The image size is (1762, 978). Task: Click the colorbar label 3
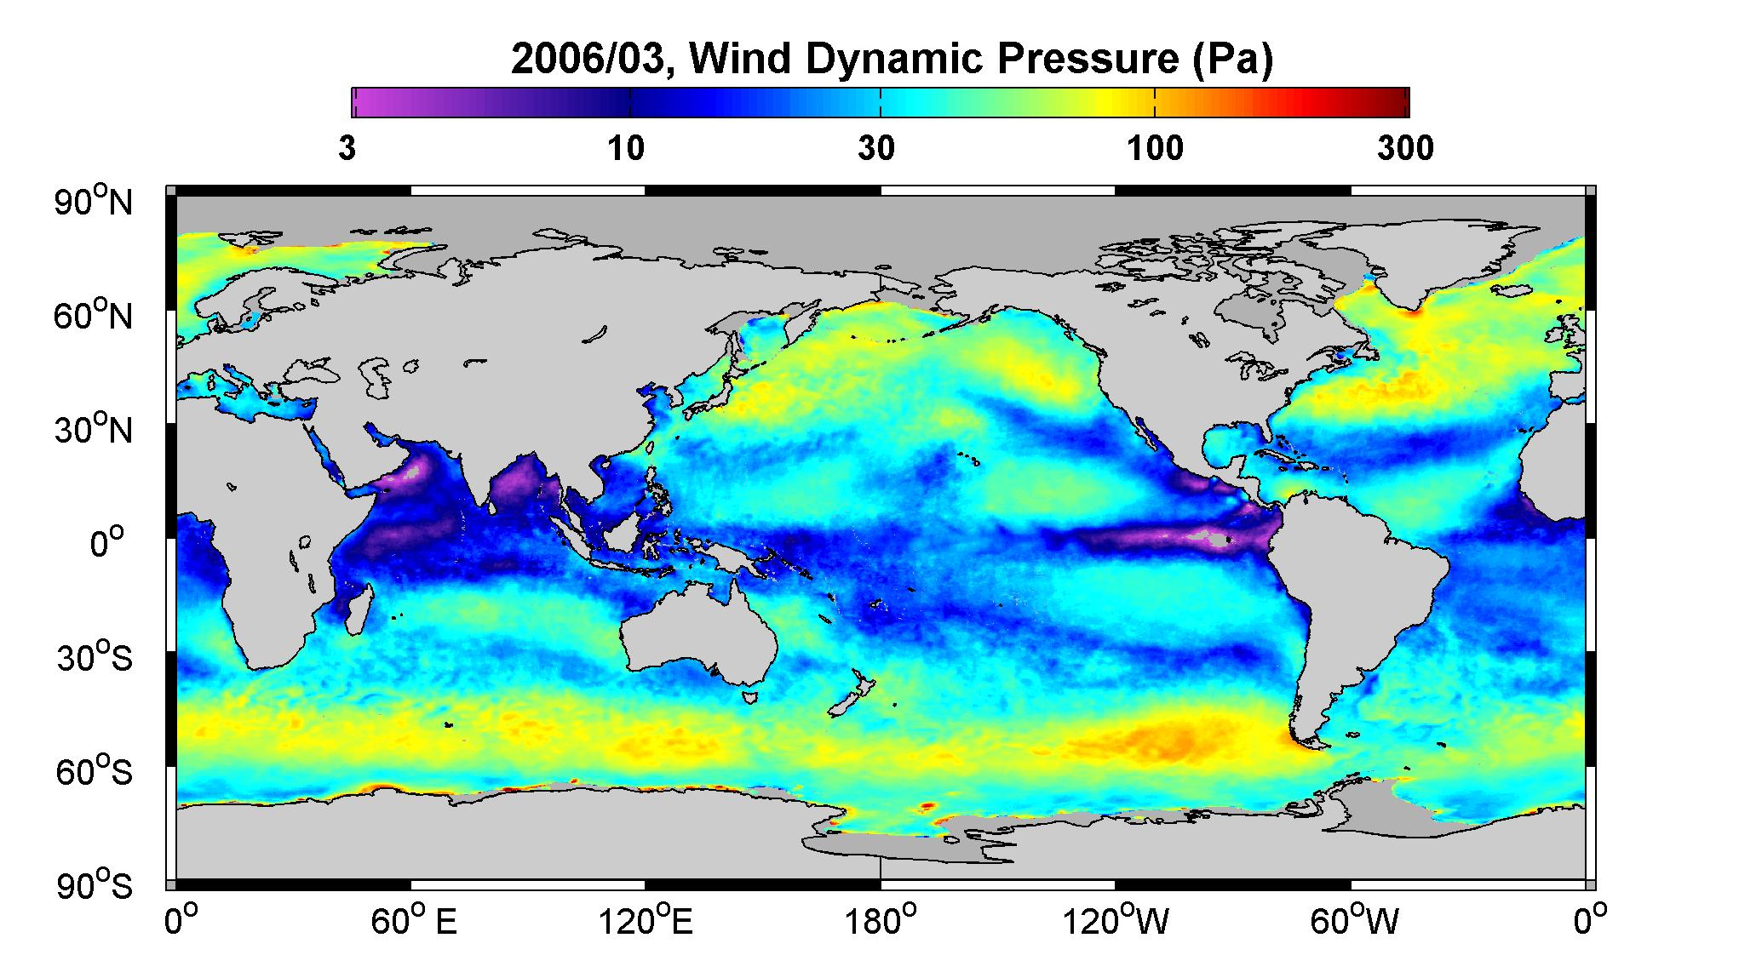click(x=347, y=149)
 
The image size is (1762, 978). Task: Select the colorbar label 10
click(x=627, y=149)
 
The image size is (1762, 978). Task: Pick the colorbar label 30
click(x=877, y=149)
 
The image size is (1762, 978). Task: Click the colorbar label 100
click(x=1155, y=149)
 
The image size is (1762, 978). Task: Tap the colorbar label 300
click(x=1405, y=149)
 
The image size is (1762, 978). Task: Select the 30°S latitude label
click(x=95, y=657)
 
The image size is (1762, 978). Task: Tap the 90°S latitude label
click(x=95, y=885)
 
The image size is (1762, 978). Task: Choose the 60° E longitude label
click(x=413, y=922)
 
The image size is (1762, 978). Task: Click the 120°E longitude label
click(x=646, y=922)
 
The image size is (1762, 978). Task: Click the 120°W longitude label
click(x=1116, y=922)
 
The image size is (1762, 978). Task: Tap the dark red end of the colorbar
click(x=1397, y=102)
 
